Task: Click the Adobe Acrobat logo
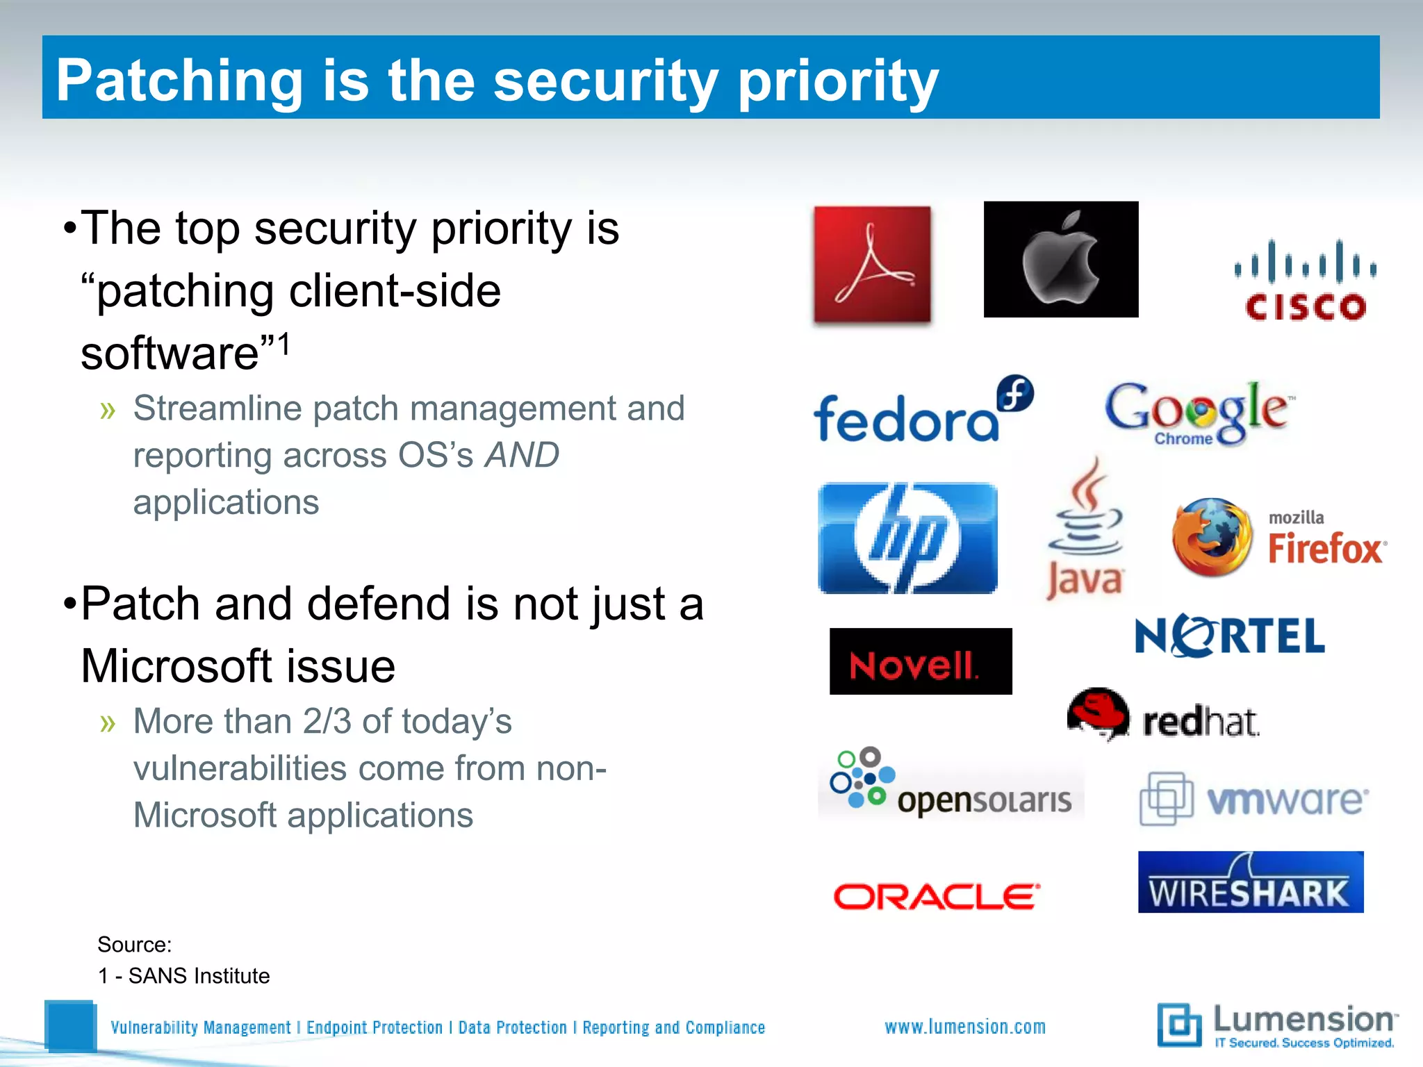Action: [872, 264]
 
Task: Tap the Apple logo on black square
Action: [1061, 260]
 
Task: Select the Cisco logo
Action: [1306, 281]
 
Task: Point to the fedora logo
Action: [923, 411]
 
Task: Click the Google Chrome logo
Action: [1199, 413]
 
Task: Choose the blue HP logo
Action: [908, 538]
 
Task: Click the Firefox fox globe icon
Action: [1212, 537]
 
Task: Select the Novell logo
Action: [921, 661]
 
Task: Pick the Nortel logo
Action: [1230, 636]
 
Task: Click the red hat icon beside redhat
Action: [1099, 714]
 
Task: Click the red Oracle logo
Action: [937, 897]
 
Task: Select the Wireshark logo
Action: [1251, 882]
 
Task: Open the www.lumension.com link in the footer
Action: [965, 1027]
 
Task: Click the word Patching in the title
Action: [179, 81]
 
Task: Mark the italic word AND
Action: [522, 456]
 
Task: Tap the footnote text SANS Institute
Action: [199, 976]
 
